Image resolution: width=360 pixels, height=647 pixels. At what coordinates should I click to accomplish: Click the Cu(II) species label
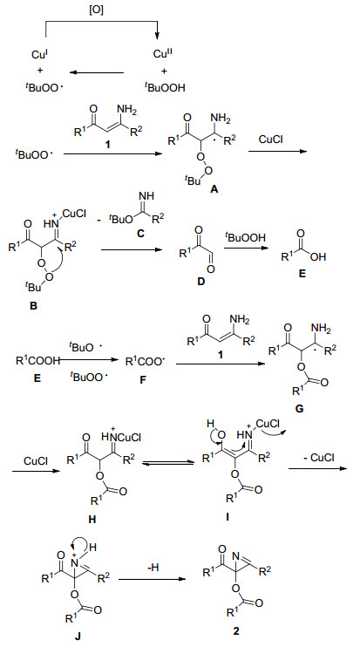pos(161,54)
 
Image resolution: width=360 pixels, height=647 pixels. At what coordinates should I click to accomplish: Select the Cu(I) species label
pos(40,54)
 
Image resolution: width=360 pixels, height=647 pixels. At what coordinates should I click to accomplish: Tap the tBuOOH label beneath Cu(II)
pos(165,87)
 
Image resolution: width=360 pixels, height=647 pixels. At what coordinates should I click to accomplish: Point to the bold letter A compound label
pos(214,189)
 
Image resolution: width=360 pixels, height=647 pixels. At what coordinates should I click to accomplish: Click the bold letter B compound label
pos(34,307)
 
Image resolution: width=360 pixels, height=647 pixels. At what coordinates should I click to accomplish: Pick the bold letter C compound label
pos(140,234)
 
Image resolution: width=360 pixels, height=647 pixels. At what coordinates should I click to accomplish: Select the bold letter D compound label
pos(201,282)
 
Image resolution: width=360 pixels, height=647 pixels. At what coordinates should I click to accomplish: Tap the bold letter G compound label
pos(300,408)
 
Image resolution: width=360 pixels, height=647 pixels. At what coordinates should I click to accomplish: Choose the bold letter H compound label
pos(92,519)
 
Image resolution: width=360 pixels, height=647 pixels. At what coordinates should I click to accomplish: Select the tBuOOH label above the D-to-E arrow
pos(246,237)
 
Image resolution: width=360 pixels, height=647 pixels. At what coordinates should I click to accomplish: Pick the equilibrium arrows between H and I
pos(168,463)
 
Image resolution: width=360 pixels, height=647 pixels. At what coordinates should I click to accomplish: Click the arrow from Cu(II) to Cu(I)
pos(97,72)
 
